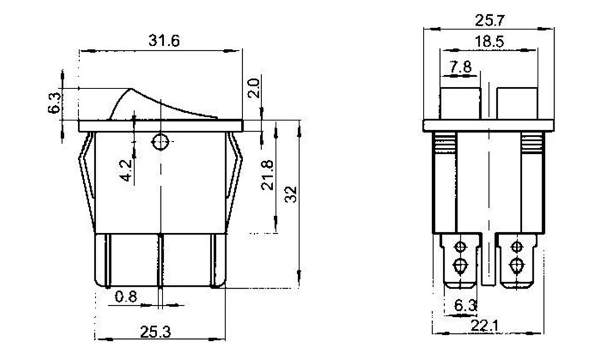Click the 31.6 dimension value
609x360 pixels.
(164, 41)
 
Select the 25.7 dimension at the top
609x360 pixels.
(490, 20)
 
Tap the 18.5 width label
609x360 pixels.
(489, 41)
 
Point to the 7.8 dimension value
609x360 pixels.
(460, 67)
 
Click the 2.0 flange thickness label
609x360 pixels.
(253, 88)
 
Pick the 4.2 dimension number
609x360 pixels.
(126, 170)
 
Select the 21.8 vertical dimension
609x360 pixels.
(267, 175)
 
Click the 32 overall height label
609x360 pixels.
(291, 194)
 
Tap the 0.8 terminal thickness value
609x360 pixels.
(126, 297)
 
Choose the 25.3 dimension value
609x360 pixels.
(155, 332)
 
